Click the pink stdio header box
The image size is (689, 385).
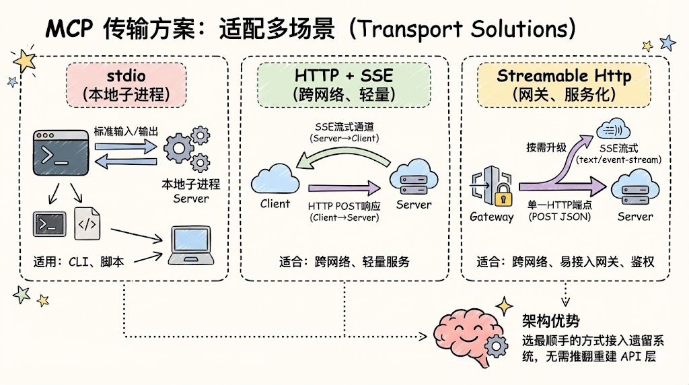click(x=126, y=84)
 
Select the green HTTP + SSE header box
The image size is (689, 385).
click(x=344, y=84)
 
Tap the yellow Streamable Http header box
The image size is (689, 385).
click(x=564, y=84)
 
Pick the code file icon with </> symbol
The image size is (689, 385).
click(x=88, y=223)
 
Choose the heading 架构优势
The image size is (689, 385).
click(x=550, y=320)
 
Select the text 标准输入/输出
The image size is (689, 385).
click(x=126, y=131)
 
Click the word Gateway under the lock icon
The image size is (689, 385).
click(x=492, y=217)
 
